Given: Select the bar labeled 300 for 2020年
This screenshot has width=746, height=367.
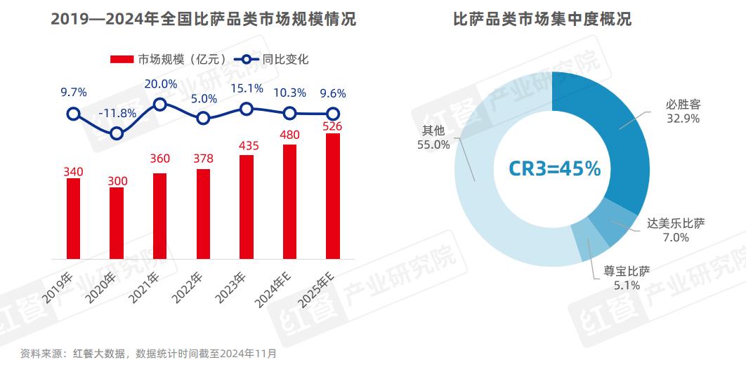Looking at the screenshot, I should click(117, 223).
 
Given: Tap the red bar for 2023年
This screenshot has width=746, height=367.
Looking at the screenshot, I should click(247, 206).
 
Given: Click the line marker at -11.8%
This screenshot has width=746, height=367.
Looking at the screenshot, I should click(117, 133).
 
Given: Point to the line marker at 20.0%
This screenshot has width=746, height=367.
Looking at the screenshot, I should click(159, 104).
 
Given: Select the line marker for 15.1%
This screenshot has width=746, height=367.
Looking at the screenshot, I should click(246, 108).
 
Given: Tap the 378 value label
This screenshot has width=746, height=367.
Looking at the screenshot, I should click(203, 159).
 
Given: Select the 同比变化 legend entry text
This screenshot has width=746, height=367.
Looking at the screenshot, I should click(286, 60).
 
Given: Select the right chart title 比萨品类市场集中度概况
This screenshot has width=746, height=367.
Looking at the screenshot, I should click(542, 19).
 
